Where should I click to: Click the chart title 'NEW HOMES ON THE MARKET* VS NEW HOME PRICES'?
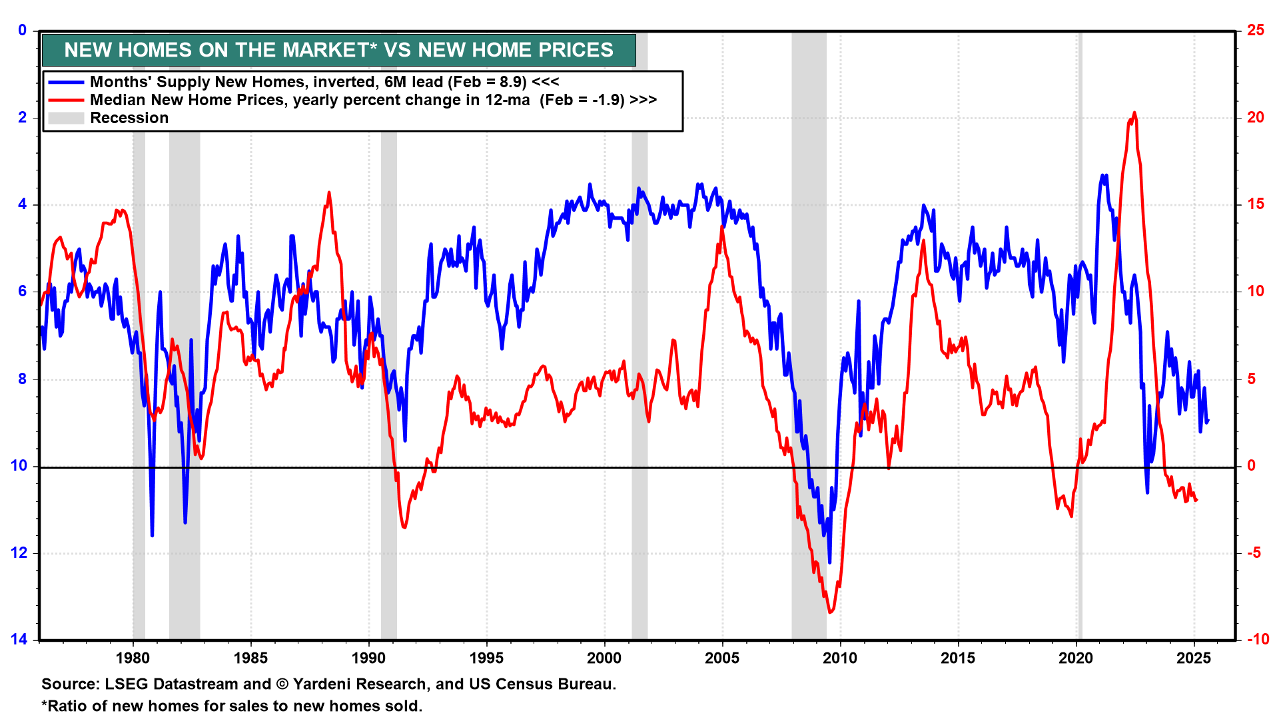[x=338, y=50]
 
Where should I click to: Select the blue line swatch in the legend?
[x=66, y=83]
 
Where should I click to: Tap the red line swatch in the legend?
[x=66, y=101]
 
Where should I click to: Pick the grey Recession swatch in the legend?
[x=66, y=119]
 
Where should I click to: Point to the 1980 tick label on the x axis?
[x=133, y=658]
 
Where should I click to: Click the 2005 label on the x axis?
[x=722, y=658]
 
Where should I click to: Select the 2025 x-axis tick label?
[x=1194, y=658]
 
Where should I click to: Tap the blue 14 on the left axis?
[x=19, y=639]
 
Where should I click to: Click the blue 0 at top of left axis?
[x=23, y=30]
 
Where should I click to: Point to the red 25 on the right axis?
[x=1256, y=30]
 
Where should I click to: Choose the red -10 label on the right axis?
[x=1258, y=639]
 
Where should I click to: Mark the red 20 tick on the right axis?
[x=1256, y=117]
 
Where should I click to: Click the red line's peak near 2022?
[x=1134, y=113]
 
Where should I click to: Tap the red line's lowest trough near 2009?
[x=830, y=612]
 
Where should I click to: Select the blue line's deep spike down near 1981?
[x=152, y=535]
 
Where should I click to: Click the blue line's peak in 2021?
[x=1102, y=176]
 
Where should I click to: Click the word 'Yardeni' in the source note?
[x=322, y=684]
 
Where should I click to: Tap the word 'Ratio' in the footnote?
[x=68, y=706]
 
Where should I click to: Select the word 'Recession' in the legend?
[x=129, y=119]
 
